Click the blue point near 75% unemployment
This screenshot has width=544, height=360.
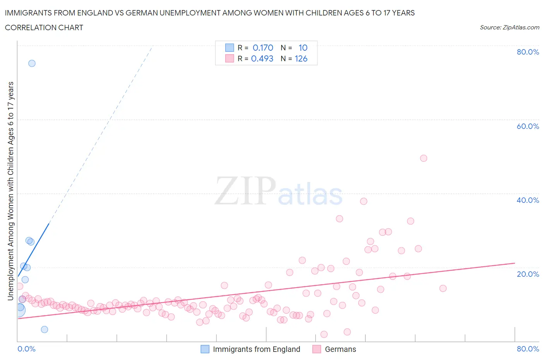32,63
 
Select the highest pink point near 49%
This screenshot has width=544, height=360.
423,158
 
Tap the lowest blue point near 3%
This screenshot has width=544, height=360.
44,329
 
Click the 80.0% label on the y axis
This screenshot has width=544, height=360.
527,52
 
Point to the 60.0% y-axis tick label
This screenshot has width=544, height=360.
527,126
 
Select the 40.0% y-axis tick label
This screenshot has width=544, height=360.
527,200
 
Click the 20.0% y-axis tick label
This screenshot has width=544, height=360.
527,274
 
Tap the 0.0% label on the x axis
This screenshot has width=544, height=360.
26,349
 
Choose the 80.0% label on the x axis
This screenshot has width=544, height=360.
527,349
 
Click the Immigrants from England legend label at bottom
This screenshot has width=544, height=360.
256,349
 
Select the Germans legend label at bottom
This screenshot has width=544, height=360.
340,349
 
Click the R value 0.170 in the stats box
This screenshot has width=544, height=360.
263,48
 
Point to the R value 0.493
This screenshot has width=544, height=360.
262,58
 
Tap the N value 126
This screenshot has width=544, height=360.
301,58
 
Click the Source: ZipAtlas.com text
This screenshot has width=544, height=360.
509,27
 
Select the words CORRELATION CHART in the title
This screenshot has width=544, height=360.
44,27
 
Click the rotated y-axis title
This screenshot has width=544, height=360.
10,191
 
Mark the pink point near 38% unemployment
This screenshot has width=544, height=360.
363,201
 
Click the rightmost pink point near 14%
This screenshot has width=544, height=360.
443,288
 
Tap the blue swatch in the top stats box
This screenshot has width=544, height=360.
229,48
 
